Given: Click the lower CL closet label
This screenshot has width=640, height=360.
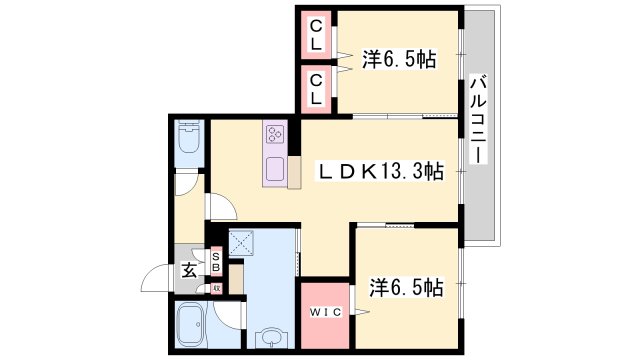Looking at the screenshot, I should pos(316,89).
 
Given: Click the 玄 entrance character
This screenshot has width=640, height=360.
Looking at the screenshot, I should pos(186,269).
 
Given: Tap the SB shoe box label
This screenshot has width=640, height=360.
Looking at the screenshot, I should pos(215,262).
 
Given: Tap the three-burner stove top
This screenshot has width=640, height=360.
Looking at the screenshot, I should pos(276,133).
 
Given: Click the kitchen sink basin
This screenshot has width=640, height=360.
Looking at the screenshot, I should pos(275,166).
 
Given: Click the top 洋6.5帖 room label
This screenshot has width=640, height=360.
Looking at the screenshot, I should pos(398,60).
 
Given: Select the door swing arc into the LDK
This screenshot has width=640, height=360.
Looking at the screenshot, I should pos(223,207).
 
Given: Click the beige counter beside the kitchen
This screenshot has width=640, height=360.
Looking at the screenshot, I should pos(294,171).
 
